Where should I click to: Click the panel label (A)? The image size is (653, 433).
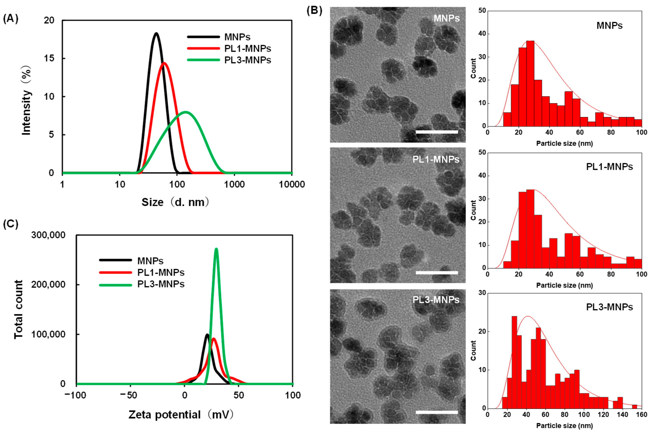point(11,19)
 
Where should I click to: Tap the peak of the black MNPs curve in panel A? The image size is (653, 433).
point(156,33)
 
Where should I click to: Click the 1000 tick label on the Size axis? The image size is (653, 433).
point(234,184)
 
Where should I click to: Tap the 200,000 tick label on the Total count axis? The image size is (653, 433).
point(48,284)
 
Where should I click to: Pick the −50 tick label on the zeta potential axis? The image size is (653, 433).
point(129,395)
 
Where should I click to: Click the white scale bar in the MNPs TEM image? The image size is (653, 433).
point(437,132)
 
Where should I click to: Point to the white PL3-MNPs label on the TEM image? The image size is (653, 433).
point(436,300)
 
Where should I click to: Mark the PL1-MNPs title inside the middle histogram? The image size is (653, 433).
point(609,167)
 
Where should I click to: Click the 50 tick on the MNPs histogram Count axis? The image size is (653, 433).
point(482,11)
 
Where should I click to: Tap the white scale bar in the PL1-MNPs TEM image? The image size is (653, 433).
point(437,273)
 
